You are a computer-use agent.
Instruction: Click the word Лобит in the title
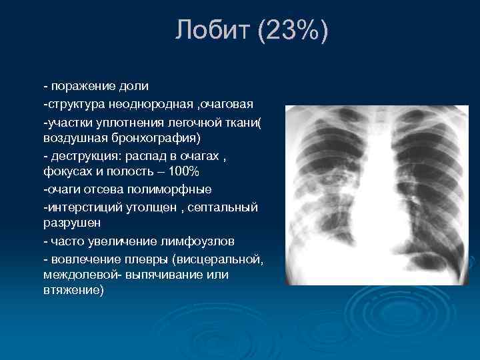coord(212,31)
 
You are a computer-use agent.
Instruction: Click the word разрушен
coord(69,223)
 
